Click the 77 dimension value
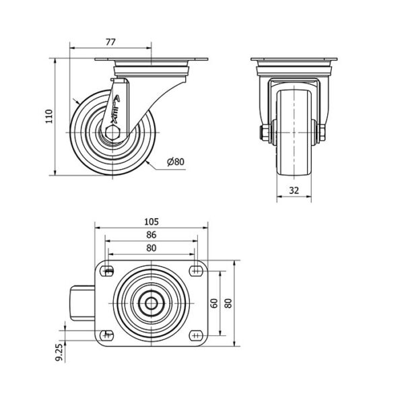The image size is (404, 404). click(x=111, y=42)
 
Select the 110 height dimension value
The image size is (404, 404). click(x=49, y=116)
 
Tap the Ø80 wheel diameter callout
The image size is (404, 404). click(x=176, y=162)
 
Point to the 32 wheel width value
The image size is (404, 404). click(x=294, y=191)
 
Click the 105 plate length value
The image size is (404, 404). click(x=151, y=222)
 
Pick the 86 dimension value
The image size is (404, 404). click(x=151, y=235)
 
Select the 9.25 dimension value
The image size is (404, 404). click(x=59, y=352)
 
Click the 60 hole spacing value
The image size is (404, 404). click(x=214, y=303)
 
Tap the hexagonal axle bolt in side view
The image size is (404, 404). click(x=112, y=133)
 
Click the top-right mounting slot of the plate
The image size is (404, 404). click(x=197, y=271)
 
